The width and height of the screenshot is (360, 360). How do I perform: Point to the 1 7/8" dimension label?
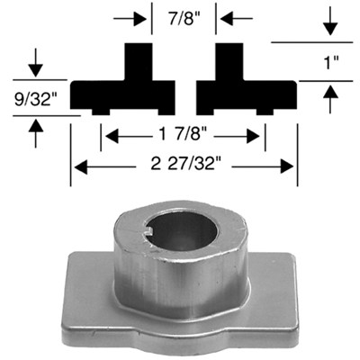[x=184, y=136]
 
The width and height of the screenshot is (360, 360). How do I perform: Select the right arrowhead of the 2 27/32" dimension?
[x=290, y=166]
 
